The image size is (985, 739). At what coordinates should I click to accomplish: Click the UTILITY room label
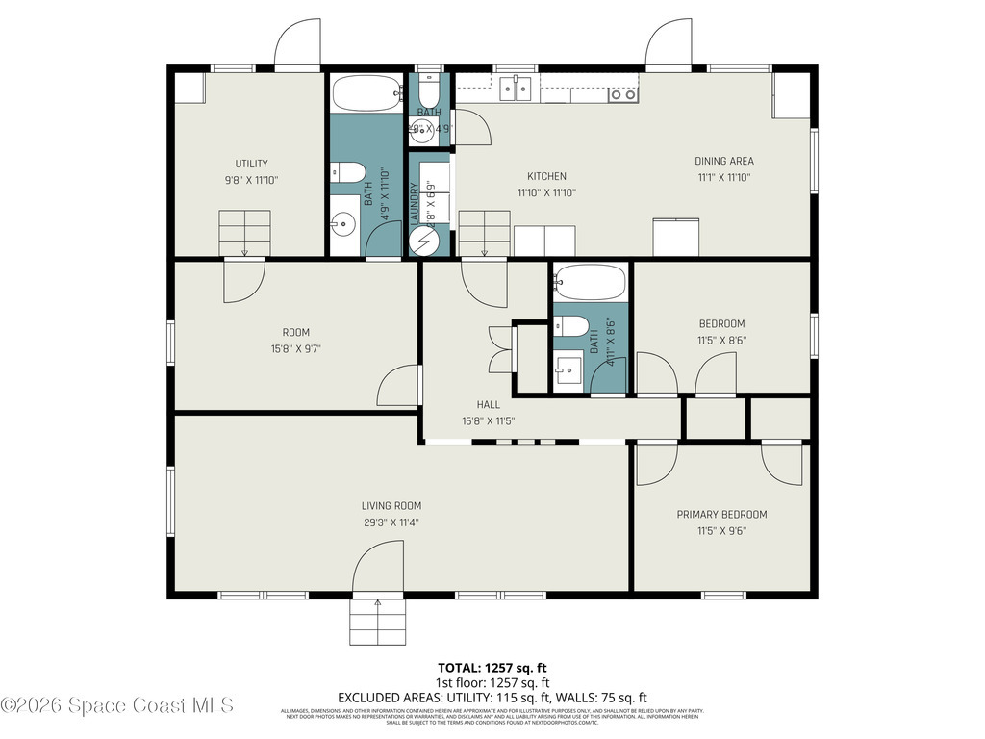pyautogui.click(x=252, y=164)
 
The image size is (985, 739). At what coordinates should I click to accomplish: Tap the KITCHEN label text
pyautogui.click(x=546, y=176)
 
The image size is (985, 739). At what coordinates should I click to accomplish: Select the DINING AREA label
pyautogui.click(x=724, y=161)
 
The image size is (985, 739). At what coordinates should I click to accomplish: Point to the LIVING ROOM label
pyautogui.click(x=391, y=506)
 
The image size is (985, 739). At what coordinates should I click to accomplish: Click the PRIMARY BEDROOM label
pyautogui.click(x=721, y=514)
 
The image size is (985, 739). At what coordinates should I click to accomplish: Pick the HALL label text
pyautogui.click(x=489, y=405)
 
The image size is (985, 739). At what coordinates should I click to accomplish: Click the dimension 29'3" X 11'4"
pyautogui.click(x=391, y=522)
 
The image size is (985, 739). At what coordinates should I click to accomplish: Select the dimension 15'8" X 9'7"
pyautogui.click(x=295, y=348)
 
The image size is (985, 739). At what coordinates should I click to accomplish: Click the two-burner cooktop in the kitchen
pyautogui.click(x=623, y=93)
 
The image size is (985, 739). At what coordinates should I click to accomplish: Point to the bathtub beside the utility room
pyautogui.click(x=366, y=94)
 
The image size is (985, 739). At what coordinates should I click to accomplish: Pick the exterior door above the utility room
pyautogui.click(x=297, y=45)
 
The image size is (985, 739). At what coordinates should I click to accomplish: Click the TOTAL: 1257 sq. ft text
pyautogui.click(x=492, y=667)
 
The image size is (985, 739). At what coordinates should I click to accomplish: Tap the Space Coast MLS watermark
pyautogui.click(x=117, y=705)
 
